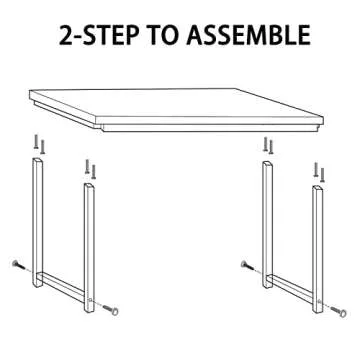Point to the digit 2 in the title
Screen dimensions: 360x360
pos(67,36)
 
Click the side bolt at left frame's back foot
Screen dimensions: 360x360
pos(18,264)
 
